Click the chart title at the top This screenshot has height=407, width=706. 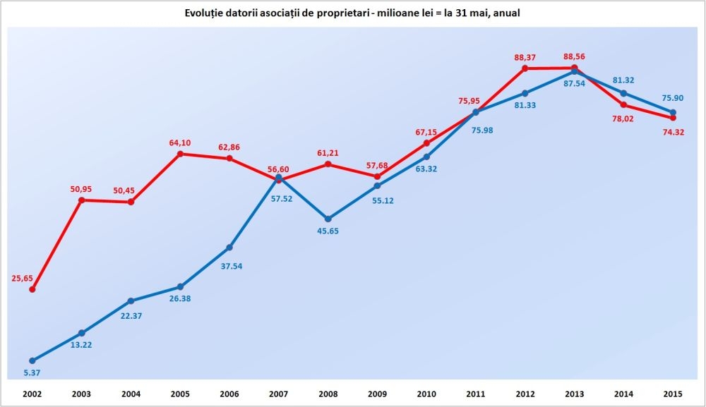352,13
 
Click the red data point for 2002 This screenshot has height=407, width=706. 32,289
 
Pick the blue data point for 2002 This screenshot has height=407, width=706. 32,360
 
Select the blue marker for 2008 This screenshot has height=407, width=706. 328,219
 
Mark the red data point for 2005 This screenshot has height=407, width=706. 181,154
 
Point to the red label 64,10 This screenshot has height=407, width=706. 181,142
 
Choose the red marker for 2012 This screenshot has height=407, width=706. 525,68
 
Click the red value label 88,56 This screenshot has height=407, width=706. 575,57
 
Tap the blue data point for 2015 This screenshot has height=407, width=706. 673,112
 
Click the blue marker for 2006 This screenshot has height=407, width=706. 229,248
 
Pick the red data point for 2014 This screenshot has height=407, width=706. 623,105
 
